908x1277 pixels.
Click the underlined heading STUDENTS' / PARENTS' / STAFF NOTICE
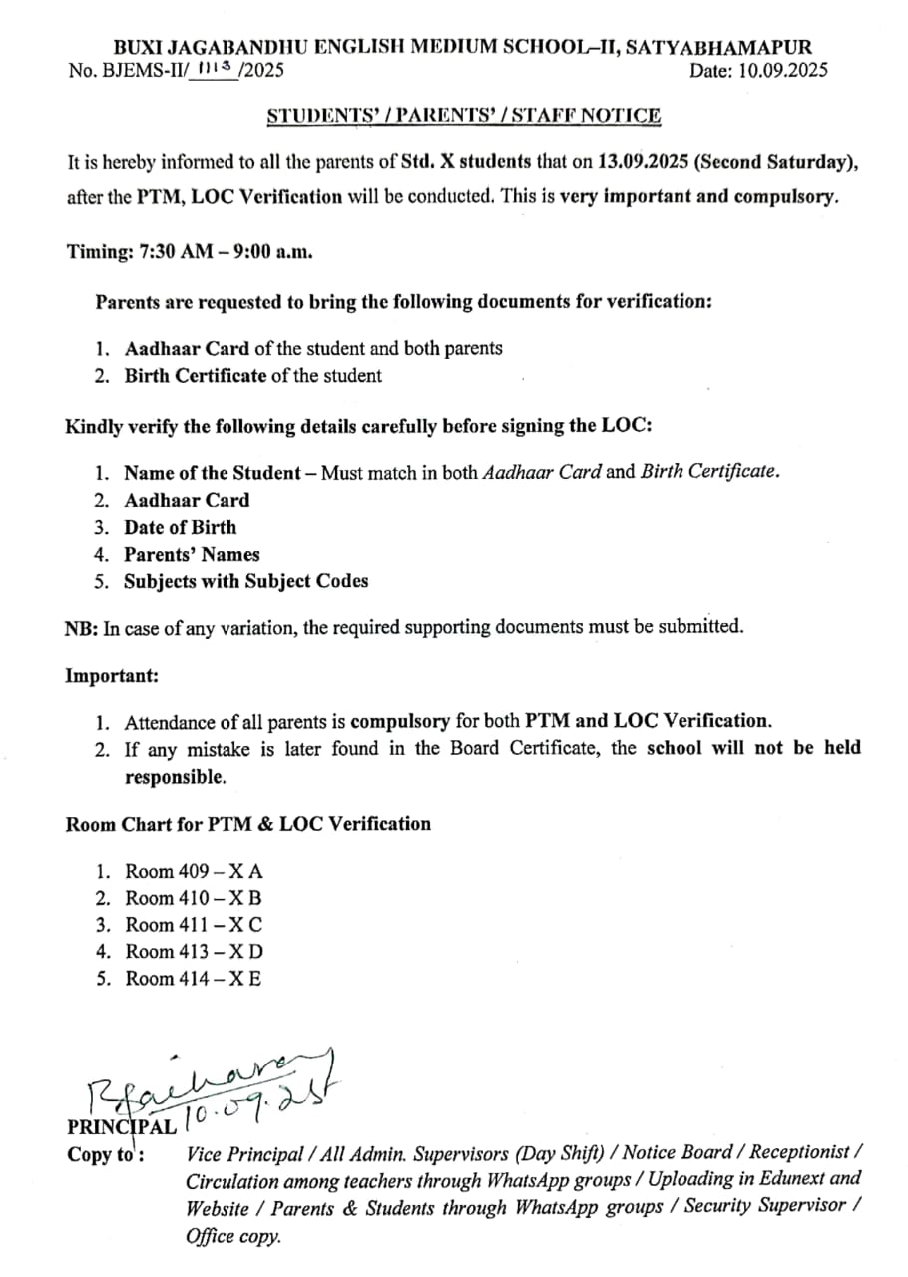463,116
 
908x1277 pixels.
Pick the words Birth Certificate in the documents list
196,376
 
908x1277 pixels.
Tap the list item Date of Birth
181,527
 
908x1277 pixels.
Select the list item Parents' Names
192,554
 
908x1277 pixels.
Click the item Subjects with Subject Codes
245,581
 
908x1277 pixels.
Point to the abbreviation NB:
80,628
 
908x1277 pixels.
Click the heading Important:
112,675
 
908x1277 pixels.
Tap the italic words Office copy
233,1236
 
